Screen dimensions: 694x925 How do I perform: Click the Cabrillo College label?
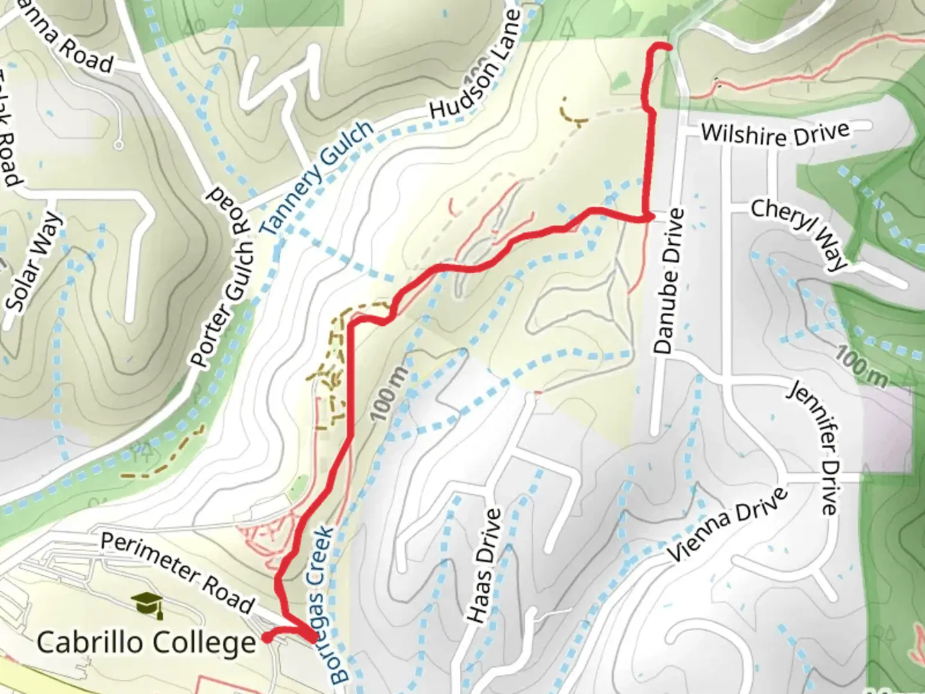(146, 642)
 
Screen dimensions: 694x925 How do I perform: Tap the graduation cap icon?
(147, 605)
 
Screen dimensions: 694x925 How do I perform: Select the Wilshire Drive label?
(775, 134)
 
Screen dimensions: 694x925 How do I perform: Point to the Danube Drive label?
(668, 281)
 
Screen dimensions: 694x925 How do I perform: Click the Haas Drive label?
(484, 565)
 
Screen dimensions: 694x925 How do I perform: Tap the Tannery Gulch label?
(317, 177)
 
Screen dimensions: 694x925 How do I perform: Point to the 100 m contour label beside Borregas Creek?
(389, 393)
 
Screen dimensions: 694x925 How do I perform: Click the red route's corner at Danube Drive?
(646, 218)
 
